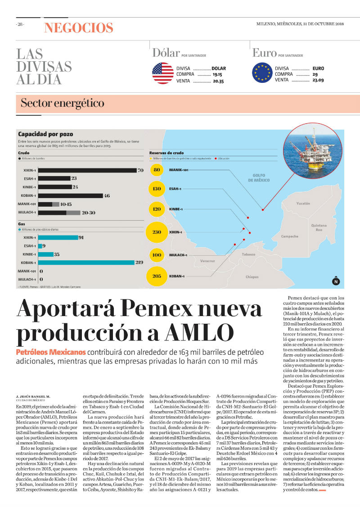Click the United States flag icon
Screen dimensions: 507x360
pos(163,73)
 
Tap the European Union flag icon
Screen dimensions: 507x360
pos(262,73)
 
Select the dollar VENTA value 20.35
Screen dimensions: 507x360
pos(218,81)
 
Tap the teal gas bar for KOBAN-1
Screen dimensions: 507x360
pos(86,263)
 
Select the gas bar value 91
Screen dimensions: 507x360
pos(81,237)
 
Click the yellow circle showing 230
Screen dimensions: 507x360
pos(157,232)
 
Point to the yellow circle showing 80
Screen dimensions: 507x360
pos(157,170)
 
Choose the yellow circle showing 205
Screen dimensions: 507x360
pos(157,276)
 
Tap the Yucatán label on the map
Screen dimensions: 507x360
pos(303,204)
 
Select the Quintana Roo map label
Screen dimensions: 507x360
pos(319,227)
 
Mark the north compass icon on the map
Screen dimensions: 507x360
pos(336,282)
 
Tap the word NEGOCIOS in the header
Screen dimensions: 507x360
pos(78,28)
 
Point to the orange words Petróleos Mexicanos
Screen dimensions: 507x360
pos(51,352)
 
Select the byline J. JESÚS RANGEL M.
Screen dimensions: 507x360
pos(33,396)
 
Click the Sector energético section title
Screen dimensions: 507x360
pos(62,103)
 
